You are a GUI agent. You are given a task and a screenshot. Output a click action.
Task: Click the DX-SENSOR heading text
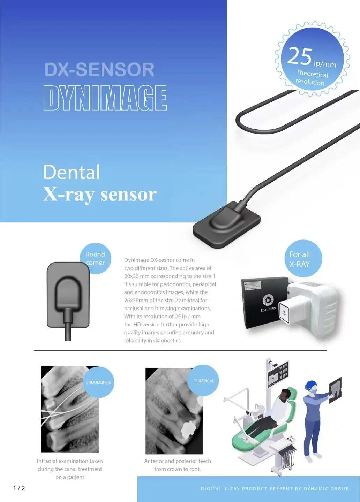[x=99, y=69]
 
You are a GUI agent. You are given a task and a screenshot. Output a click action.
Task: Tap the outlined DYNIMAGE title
[x=105, y=98]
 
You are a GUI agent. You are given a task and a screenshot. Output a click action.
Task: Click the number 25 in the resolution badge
[x=300, y=56]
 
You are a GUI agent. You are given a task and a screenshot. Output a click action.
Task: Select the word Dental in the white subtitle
[x=72, y=172]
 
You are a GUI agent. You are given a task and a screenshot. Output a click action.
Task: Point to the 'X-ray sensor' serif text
[x=100, y=194]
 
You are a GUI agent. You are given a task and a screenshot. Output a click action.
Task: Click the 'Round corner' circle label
[x=95, y=258]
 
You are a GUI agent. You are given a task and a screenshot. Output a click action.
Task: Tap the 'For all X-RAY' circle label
[x=299, y=259]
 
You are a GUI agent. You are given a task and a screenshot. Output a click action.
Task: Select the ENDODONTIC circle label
[x=99, y=382]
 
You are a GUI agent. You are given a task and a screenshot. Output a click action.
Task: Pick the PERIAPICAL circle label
[x=203, y=381]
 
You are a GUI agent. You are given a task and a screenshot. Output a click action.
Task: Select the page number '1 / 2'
[x=19, y=488]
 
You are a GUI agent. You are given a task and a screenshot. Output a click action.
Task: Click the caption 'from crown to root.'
[x=178, y=469]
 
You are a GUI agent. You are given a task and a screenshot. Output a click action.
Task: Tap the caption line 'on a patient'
[x=70, y=477]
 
